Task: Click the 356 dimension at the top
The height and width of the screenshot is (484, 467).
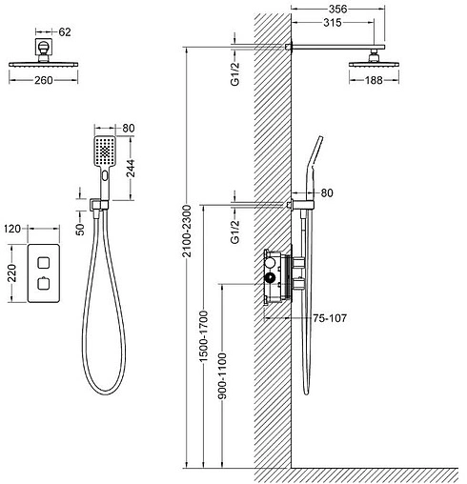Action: coord(337,9)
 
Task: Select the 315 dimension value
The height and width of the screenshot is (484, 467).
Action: coord(333,23)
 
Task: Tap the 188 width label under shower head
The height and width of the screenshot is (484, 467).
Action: coord(374,80)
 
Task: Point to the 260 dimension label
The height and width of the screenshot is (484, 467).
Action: coord(44,80)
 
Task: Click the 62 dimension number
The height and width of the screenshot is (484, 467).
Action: coord(65,32)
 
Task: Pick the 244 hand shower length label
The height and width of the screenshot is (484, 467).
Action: coord(131,168)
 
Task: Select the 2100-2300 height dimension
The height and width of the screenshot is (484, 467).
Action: coord(187,231)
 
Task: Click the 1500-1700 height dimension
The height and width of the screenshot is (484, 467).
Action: coord(203,336)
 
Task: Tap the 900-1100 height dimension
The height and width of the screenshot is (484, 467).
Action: coord(222,376)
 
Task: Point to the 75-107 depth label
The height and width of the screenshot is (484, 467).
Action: coord(330,318)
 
